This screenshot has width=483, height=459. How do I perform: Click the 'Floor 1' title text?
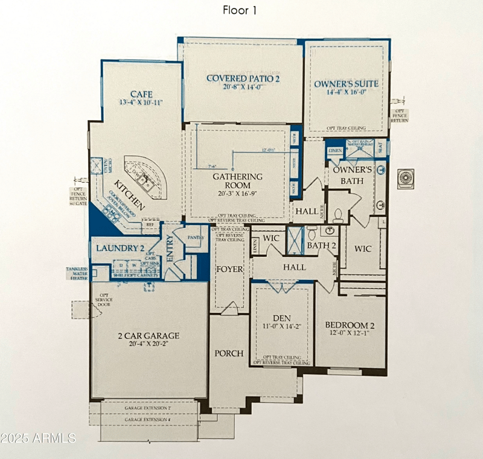click(240, 10)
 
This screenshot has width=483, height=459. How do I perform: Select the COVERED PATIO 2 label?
click(243, 78)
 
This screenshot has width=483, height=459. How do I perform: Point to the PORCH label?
click(229, 353)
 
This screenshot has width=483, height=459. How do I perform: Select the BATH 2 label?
click(321, 245)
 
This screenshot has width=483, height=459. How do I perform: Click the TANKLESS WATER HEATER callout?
click(78, 273)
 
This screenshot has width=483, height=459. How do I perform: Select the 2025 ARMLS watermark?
click(39, 437)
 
